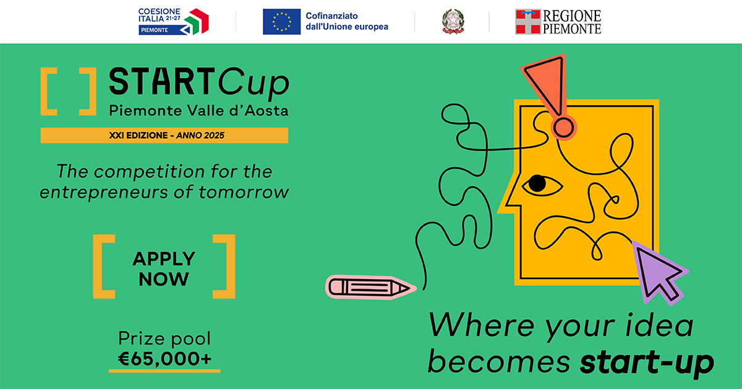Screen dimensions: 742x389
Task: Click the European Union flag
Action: click(281, 22)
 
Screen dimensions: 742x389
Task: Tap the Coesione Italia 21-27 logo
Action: click(173, 22)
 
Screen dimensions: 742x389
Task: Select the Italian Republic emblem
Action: click(453, 22)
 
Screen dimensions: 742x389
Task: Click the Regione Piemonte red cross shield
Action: click(528, 22)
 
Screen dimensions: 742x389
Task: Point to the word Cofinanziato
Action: click(331, 16)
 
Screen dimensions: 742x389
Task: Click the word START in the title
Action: click(162, 81)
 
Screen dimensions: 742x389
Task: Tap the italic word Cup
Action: click(254, 83)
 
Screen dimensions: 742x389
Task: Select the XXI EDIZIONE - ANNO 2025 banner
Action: click(164, 135)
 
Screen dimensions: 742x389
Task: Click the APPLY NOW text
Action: click(164, 269)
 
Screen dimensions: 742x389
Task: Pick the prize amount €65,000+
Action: click(164, 359)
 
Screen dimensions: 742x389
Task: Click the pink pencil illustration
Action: click(370, 287)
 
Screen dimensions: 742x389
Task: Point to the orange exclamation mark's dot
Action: click(564, 128)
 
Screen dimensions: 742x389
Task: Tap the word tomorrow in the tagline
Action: click(244, 192)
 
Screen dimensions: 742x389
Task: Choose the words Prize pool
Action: click(164, 339)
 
